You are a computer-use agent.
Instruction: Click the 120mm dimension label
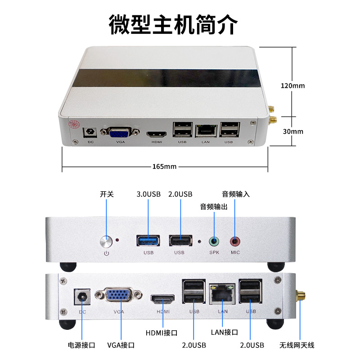tap(293, 85)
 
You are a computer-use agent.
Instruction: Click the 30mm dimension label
tap(293, 131)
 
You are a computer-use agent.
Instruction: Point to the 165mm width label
tap(164, 166)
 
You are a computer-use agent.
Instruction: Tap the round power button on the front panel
tap(106, 242)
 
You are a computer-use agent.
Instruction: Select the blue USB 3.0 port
tap(148, 241)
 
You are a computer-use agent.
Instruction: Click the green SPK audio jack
tap(214, 241)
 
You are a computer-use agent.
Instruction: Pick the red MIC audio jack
tap(235, 241)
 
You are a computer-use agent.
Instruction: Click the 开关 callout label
tap(107, 194)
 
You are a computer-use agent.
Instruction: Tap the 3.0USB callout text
tap(148, 194)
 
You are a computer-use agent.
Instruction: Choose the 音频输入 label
tap(236, 194)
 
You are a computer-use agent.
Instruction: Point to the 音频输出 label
tap(214, 207)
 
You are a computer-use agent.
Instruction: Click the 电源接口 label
tap(81, 345)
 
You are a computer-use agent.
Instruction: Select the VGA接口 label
tap(121, 345)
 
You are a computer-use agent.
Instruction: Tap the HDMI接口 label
tap(162, 333)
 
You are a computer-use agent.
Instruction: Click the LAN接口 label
tap(225, 332)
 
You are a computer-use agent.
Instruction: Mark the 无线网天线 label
tap(297, 345)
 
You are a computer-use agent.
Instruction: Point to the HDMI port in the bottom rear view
tap(162, 299)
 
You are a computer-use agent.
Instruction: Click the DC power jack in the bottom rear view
tap(82, 297)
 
